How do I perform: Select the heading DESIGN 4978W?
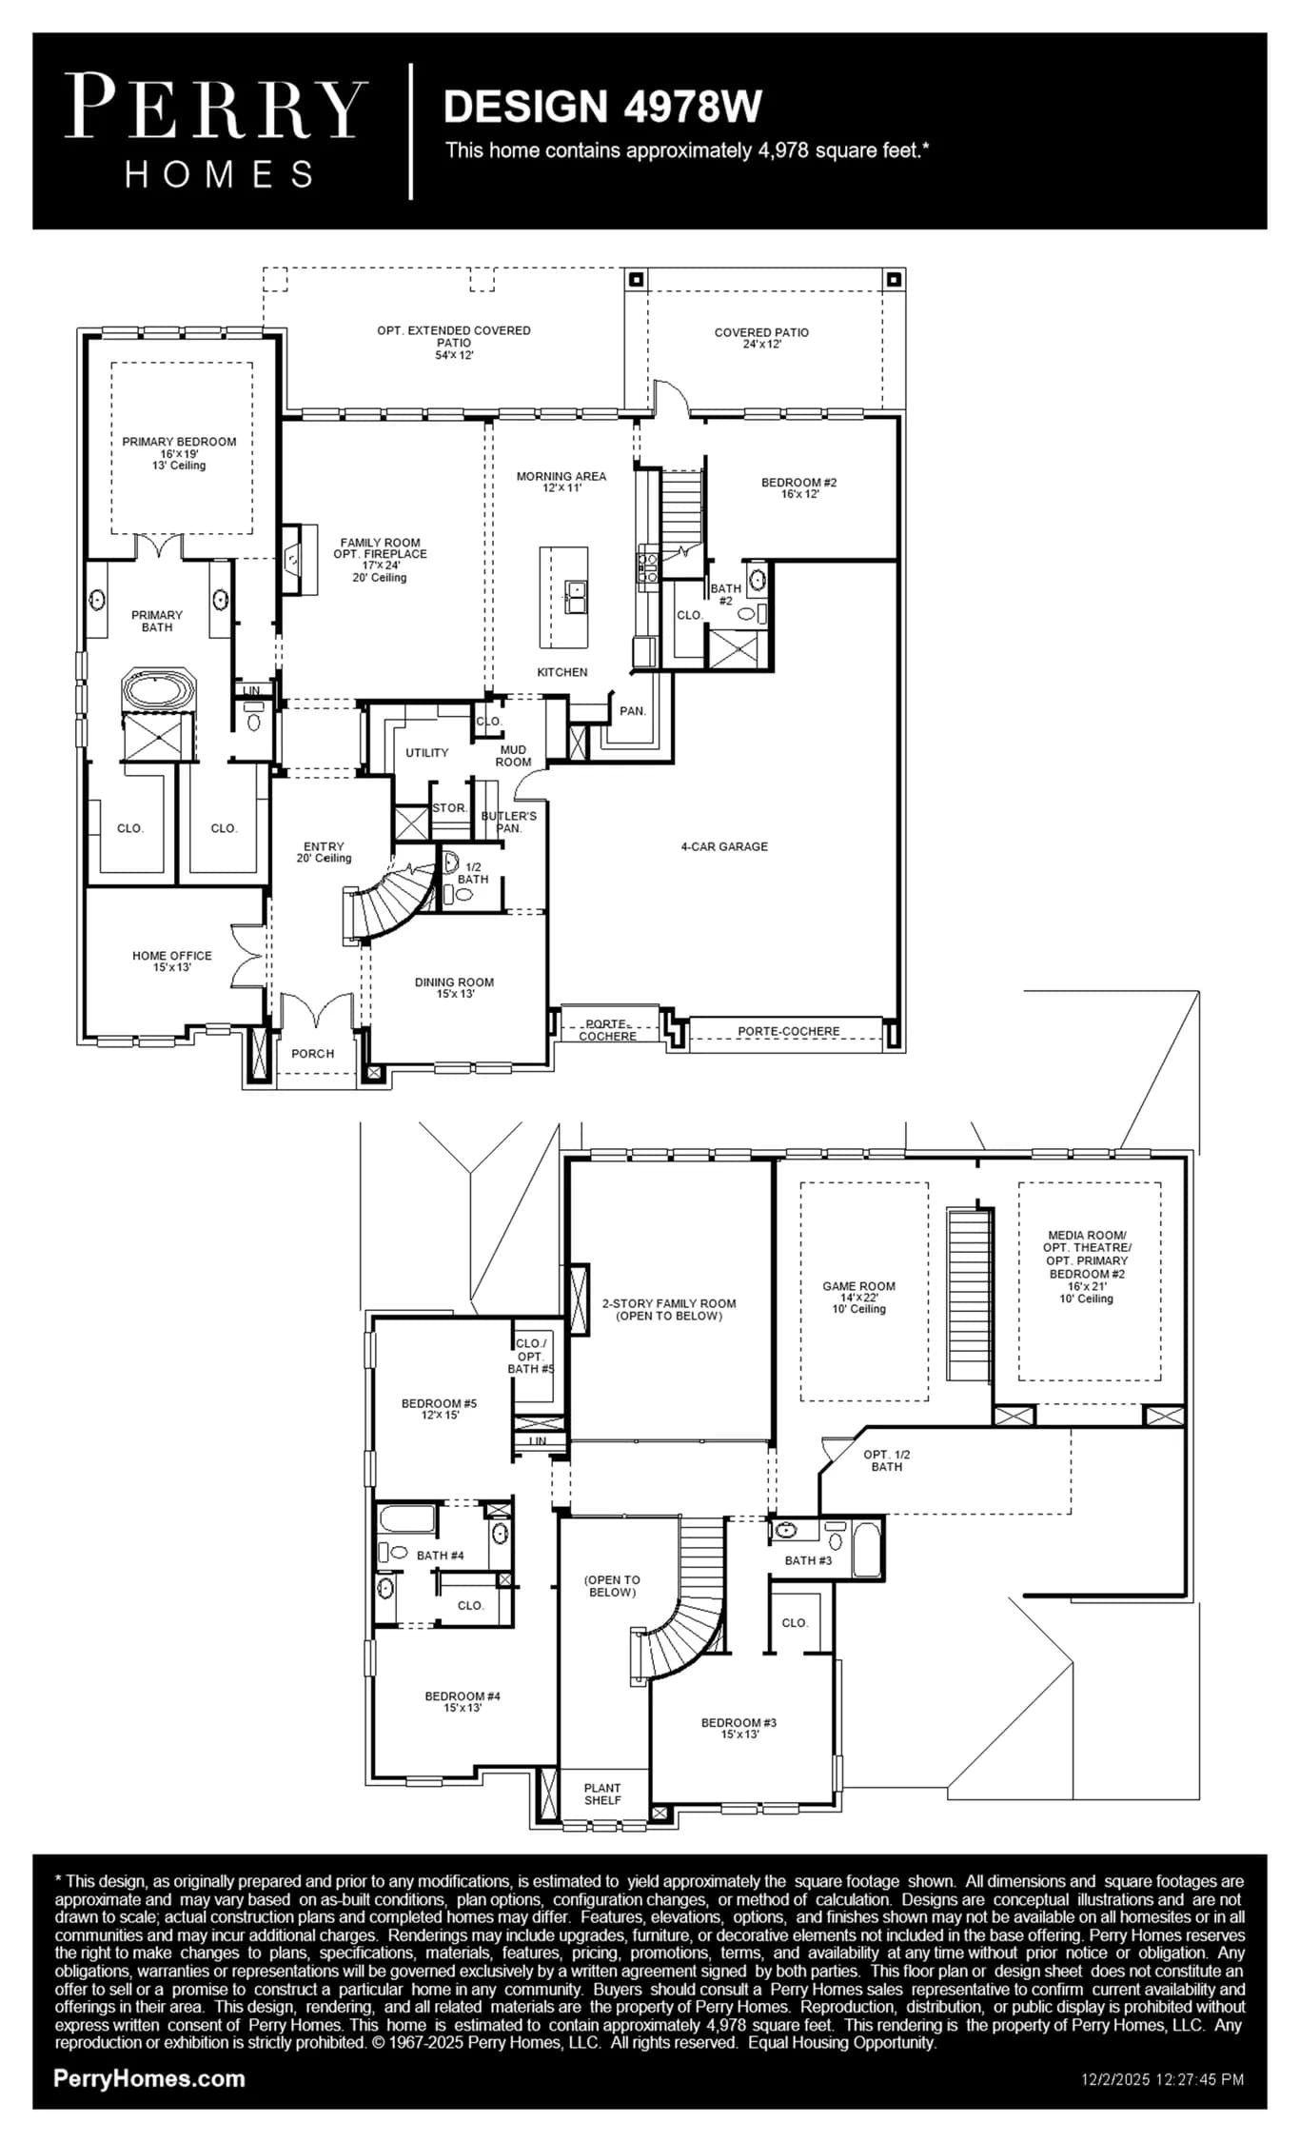click(602, 107)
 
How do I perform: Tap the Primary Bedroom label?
click(179, 453)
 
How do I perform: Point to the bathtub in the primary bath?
click(158, 690)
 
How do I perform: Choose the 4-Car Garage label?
click(724, 846)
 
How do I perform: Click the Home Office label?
click(172, 962)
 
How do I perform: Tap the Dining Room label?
click(454, 988)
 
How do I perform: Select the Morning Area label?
click(561, 482)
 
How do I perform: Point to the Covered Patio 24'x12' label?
click(761, 338)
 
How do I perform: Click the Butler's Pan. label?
click(508, 822)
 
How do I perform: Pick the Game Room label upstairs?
click(858, 1297)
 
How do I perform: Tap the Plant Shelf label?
click(602, 1794)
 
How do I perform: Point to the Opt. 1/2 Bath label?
click(886, 1460)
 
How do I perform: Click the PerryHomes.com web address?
click(149, 2079)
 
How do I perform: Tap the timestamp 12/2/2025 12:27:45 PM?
click(1163, 2080)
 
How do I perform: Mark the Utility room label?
click(426, 753)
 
